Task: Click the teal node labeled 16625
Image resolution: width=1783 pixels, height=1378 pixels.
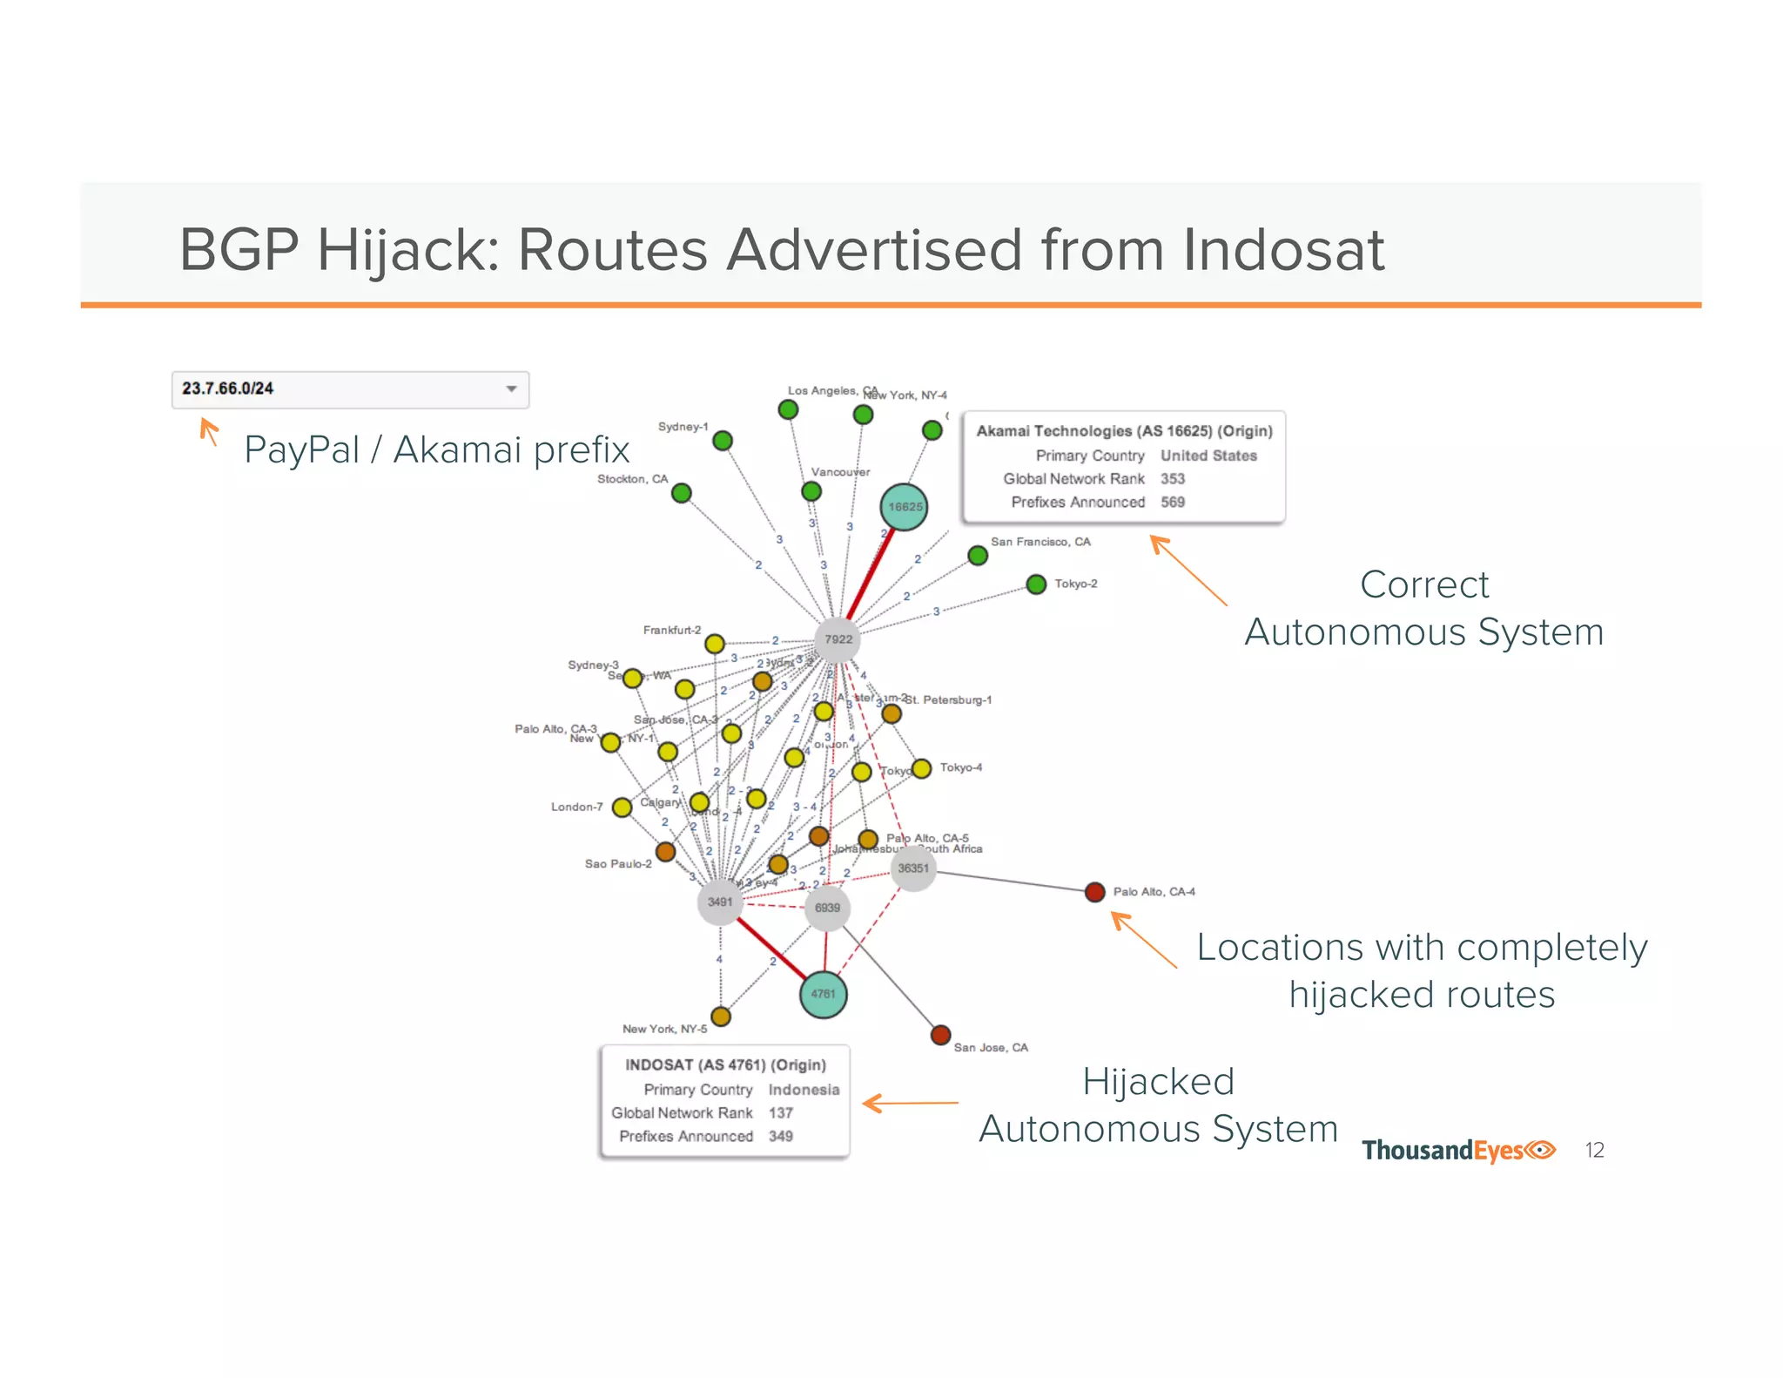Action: click(904, 507)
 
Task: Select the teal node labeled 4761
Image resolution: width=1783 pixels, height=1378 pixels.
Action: click(823, 994)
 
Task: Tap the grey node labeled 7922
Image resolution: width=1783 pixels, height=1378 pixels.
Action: click(838, 639)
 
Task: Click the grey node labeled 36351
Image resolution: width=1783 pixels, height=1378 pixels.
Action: click(913, 868)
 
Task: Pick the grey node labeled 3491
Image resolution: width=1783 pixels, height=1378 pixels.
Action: click(720, 902)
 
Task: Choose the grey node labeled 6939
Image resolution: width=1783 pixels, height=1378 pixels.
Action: click(827, 908)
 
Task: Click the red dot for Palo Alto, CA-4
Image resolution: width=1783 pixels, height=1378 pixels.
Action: click(1095, 892)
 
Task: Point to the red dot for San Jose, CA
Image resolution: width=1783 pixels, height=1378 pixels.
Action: click(940, 1035)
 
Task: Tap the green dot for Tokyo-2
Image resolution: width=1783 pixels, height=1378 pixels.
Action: click(1036, 584)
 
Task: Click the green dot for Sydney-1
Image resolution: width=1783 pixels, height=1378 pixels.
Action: click(723, 441)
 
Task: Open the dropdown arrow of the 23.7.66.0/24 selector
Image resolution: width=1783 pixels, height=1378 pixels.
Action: click(512, 389)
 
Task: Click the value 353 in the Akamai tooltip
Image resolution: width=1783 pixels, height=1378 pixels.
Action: click(1172, 479)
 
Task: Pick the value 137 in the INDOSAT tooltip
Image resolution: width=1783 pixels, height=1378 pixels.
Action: click(780, 1113)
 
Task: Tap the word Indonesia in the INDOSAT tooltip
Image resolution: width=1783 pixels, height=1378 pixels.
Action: click(804, 1090)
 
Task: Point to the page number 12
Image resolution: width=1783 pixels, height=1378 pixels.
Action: click(1594, 1151)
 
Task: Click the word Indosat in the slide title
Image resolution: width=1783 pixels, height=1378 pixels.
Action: click(1282, 251)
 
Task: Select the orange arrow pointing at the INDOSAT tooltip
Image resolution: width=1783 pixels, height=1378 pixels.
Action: click(910, 1104)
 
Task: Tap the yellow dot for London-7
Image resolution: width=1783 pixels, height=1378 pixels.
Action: click(622, 807)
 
